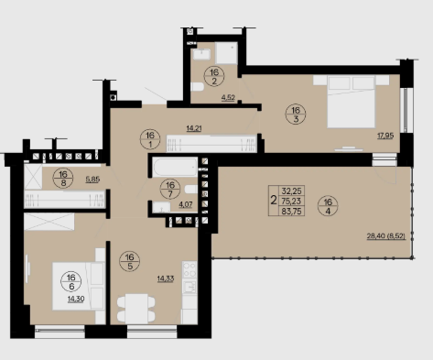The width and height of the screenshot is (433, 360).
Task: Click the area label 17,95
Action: tap(385, 136)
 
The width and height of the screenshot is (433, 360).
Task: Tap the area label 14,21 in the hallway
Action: tap(194, 128)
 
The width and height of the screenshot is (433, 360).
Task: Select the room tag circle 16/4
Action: tap(328, 206)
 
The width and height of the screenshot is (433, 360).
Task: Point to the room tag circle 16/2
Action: tap(214, 77)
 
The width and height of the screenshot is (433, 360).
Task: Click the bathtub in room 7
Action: tap(175, 167)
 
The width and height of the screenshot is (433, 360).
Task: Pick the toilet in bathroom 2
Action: tap(197, 87)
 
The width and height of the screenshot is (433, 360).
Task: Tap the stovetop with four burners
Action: tap(189, 269)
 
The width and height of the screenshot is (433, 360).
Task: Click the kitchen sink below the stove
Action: tap(189, 287)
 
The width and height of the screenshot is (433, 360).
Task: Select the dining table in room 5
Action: tap(136, 309)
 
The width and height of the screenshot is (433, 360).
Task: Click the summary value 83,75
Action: tap(291, 212)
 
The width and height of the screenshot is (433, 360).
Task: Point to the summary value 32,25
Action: tap(291, 191)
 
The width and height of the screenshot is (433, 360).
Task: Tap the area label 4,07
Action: tap(186, 204)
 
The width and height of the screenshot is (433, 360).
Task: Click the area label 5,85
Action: tap(92, 180)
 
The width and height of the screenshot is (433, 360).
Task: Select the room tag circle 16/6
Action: tap(71, 282)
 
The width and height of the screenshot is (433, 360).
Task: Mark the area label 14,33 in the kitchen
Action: tap(166, 278)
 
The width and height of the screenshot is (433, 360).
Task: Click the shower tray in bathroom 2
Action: tap(226, 53)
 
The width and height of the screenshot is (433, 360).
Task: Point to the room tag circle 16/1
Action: tap(150, 139)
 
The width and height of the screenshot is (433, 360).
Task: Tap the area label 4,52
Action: tap(228, 97)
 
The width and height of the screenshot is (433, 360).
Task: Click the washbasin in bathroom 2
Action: tap(201, 54)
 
